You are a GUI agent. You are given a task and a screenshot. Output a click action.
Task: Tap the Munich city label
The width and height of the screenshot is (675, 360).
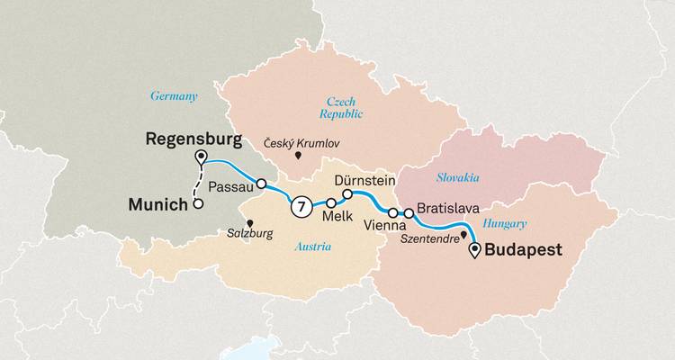click(158, 205)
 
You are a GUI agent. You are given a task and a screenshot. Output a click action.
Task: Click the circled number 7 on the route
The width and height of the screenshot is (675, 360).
click(301, 206)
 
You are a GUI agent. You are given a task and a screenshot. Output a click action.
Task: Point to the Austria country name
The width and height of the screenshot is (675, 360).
click(313, 247)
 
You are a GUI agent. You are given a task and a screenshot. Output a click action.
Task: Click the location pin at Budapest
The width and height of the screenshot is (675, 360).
click(475, 248)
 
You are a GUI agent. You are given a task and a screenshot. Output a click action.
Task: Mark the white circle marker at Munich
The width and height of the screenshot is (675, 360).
click(196, 204)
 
